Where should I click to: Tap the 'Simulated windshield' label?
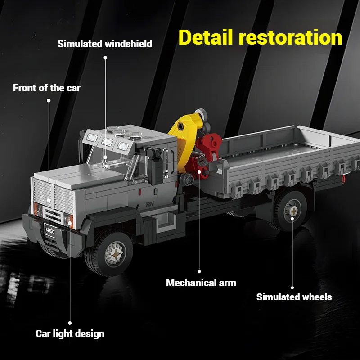pos(105,44)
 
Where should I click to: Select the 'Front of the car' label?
pos(47,88)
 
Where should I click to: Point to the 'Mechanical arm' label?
pos(201,283)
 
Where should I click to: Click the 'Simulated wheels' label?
pos(294,297)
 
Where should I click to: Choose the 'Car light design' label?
pos(70,333)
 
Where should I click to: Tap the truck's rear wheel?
pos(292,209)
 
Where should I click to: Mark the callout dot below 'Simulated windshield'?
pos(105,58)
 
